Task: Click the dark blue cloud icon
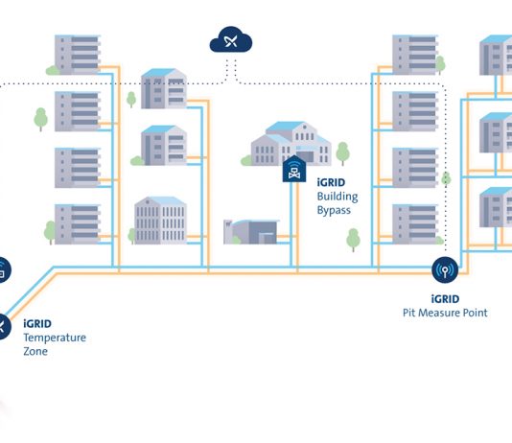click(231, 40)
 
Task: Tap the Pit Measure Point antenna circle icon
click(445, 270)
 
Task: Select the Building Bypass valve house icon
click(294, 169)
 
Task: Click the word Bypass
click(334, 210)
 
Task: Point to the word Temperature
click(55, 338)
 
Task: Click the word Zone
click(35, 351)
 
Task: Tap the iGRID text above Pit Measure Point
click(445, 299)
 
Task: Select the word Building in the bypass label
click(337, 197)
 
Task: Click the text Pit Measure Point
click(445, 313)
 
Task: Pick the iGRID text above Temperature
click(37, 323)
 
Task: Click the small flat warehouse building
click(251, 232)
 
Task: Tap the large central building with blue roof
click(291, 143)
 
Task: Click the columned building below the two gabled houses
click(160, 220)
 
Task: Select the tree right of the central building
click(342, 153)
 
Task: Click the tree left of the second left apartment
click(41, 119)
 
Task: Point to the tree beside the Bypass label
click(353, 240)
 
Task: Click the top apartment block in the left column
click(78, 55)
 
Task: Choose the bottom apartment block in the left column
click(78, 224)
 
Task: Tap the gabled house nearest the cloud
click(164, 88)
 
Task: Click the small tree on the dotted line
click(446, 179)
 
